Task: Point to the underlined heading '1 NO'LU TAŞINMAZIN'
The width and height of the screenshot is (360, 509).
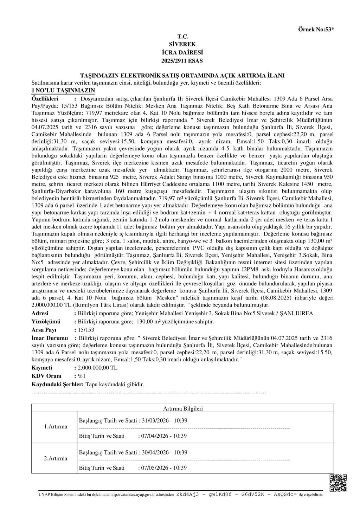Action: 58,90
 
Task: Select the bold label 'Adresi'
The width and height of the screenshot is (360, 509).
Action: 40,313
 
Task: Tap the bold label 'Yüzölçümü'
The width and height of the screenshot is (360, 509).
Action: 46,322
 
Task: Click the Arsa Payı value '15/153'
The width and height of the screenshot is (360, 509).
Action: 86,330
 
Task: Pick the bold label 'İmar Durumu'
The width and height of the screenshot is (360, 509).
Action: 50,338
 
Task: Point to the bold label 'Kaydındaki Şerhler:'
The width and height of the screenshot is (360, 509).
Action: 58,385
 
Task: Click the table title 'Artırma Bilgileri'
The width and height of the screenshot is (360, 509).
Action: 183,408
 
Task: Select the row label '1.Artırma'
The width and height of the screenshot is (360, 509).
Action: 56,426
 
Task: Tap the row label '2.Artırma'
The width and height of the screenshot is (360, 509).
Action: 56,458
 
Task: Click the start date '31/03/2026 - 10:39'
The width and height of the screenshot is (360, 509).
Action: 164,420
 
